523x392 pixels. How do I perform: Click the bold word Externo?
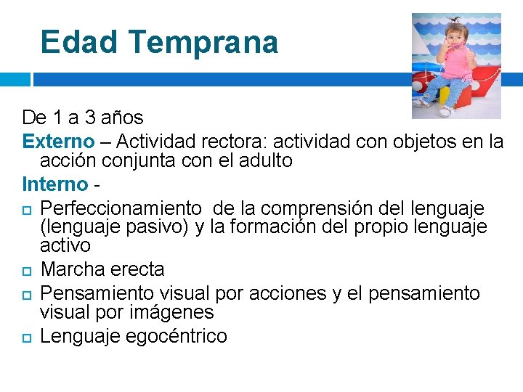coord(58,140)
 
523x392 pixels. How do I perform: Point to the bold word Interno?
coord(54,183)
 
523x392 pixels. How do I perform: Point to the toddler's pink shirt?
coord(455,64)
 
